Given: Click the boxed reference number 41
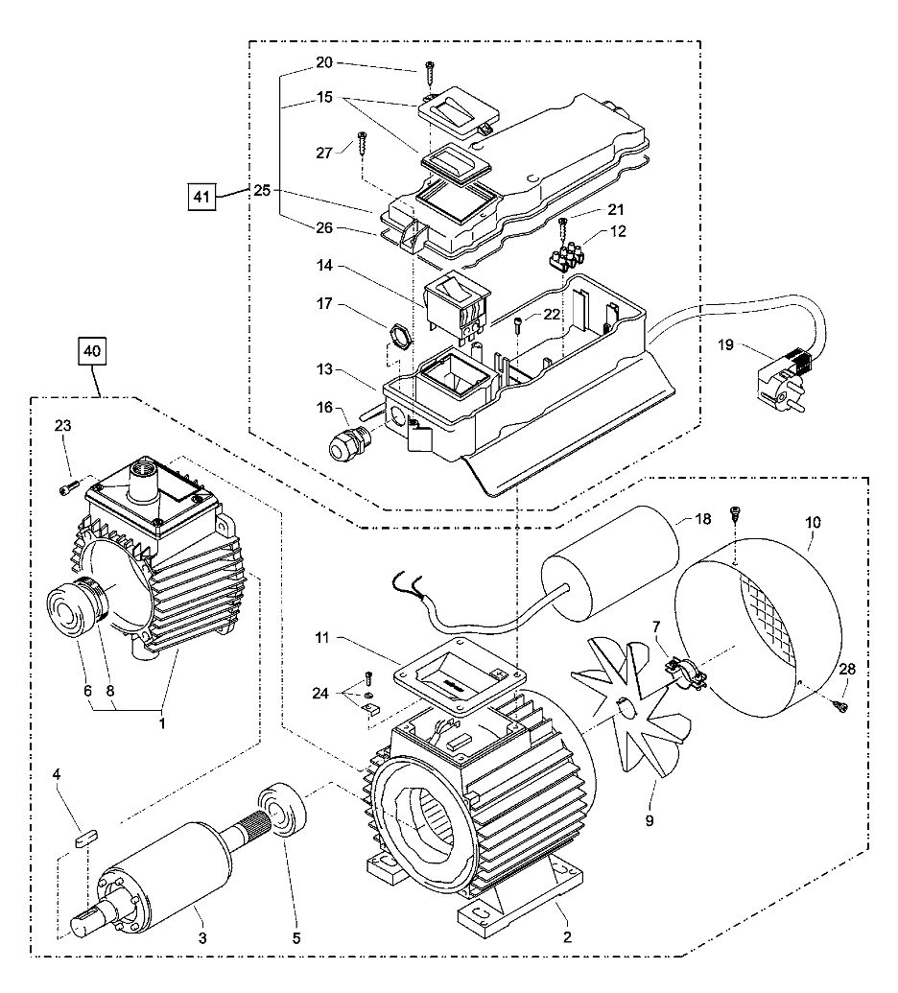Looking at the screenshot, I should click(x=200, y=197).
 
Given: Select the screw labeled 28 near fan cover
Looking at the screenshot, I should click(x=841, y=706).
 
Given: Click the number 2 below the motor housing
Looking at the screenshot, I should click(x=566, y=937).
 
